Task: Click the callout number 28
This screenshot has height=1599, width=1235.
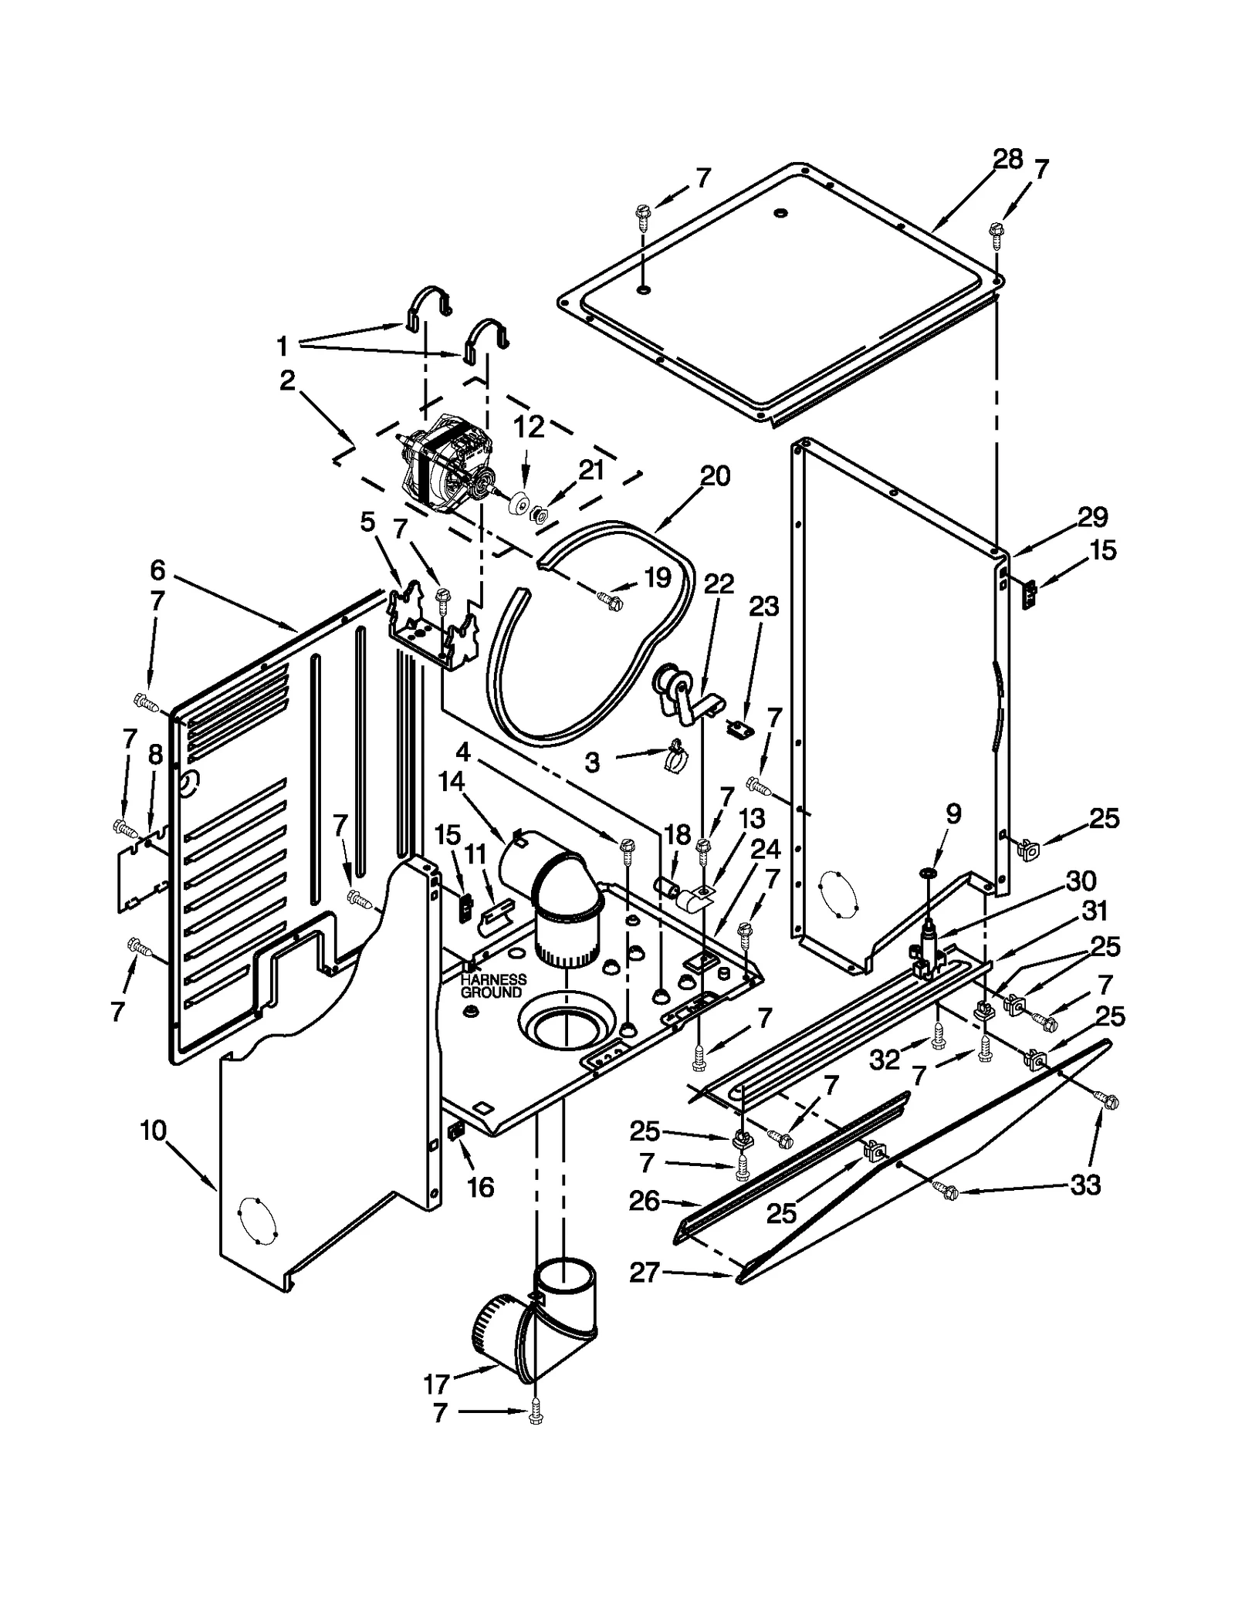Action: point(1007,160)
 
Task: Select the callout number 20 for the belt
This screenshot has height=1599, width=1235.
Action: point(715,476)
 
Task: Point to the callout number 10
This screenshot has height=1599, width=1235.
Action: point(154,1131)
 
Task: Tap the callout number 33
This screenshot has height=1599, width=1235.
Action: point(1084,1185)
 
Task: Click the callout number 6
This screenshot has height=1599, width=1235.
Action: point(157,570)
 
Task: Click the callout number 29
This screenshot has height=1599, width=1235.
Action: point(1092,516)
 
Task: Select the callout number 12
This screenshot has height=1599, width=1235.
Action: point(529,428)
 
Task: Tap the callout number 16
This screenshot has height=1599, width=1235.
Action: point(480,1187)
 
